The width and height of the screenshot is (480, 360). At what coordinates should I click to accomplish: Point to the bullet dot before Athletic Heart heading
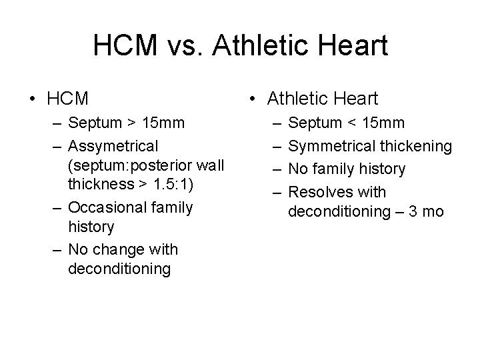coord(251,99)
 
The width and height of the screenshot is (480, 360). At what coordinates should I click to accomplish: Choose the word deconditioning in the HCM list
coord(119,269)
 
